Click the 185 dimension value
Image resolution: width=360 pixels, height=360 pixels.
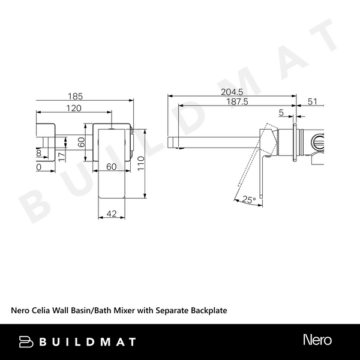pos(74,96)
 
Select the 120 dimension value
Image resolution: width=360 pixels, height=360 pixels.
pos(74,108)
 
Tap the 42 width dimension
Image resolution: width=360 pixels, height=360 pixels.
pos(111,213)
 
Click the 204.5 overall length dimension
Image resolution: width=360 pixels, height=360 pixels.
pos(232,92)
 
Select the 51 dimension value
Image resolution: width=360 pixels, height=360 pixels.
pos(313,102)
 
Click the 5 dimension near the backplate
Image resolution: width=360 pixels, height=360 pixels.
pos(281,112)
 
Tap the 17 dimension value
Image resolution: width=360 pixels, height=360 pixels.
pos(61,155)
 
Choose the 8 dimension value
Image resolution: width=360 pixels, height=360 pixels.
pos(39,153)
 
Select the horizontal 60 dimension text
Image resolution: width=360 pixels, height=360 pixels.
pos(111,167)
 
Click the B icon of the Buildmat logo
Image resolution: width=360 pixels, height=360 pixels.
pos(27,341)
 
